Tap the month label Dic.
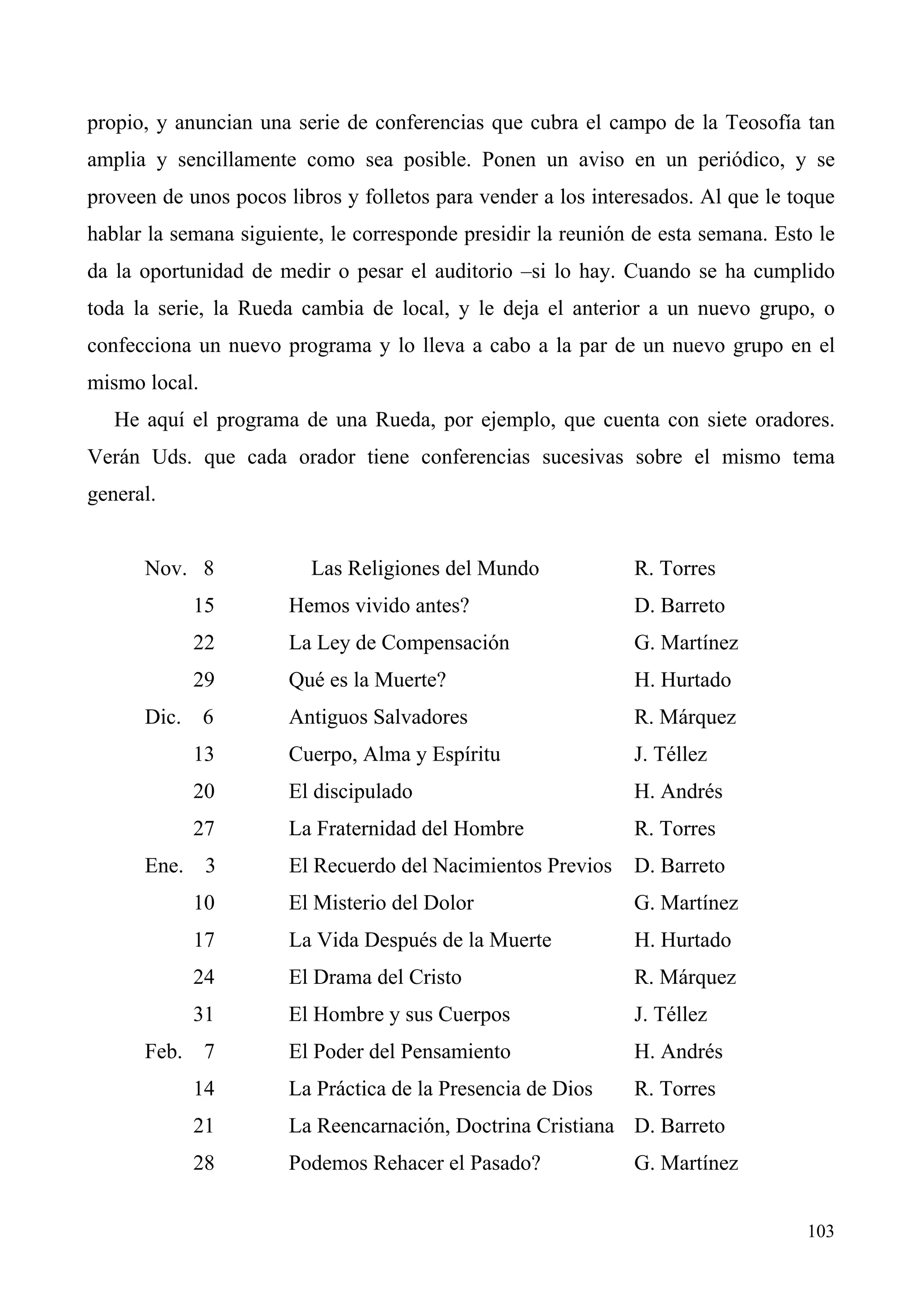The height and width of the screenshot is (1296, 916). (162, 717)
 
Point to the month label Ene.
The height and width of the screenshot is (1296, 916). (164, 866)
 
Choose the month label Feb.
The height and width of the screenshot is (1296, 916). (163, 1051)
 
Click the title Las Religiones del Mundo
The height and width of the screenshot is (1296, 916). (424, 568)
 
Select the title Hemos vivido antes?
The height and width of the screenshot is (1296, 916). (379, 606)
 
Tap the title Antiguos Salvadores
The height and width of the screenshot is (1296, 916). (377, 717)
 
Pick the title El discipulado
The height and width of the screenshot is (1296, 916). (350, 792)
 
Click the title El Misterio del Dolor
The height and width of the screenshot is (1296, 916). (381, 903)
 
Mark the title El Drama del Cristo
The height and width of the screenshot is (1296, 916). (375, 977)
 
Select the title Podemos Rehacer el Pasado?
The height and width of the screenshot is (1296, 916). (414, 1163)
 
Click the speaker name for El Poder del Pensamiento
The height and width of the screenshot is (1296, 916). (677, 1051)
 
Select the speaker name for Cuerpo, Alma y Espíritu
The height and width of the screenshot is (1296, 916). (670, 755)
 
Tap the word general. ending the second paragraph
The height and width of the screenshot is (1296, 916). (121, 495)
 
